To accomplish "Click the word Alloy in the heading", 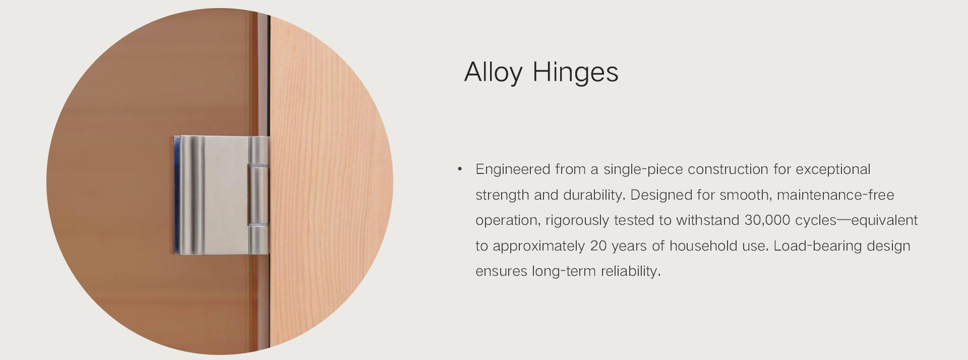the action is click(493, 73).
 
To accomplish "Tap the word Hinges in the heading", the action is click(575, 72).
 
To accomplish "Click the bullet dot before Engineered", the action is click(459, 169).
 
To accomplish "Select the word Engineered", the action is click(513, 170).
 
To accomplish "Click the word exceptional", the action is click(833, 170).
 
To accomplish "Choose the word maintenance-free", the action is click(835, 195).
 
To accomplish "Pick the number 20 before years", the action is click(598, 246).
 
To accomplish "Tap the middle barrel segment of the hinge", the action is click(259, 195).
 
